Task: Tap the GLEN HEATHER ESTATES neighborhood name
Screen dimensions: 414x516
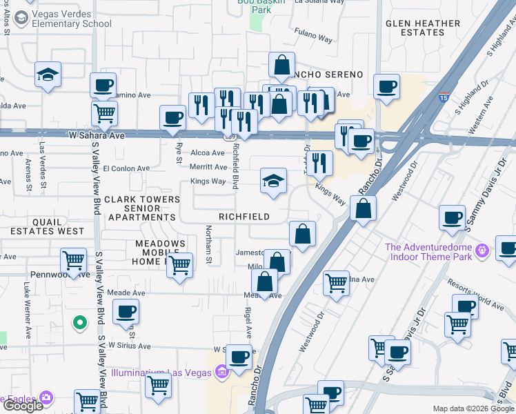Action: point(423,28)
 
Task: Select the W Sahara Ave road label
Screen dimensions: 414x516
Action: point(97,136)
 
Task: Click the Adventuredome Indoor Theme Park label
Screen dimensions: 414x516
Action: point(428,253)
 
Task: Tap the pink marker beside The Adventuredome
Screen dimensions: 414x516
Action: point(483,248)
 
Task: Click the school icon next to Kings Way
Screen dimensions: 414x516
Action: point(274,181)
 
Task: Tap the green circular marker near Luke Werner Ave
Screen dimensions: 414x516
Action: point(80,322)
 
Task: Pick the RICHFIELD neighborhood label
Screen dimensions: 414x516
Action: point(244,217)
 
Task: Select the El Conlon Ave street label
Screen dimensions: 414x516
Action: point(126,168)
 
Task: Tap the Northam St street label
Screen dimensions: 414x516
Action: point(209,245)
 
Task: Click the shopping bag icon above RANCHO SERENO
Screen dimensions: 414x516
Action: point(281,66)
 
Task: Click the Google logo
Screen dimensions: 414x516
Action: point(22,406)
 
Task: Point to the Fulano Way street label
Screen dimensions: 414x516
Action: point(312,31)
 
